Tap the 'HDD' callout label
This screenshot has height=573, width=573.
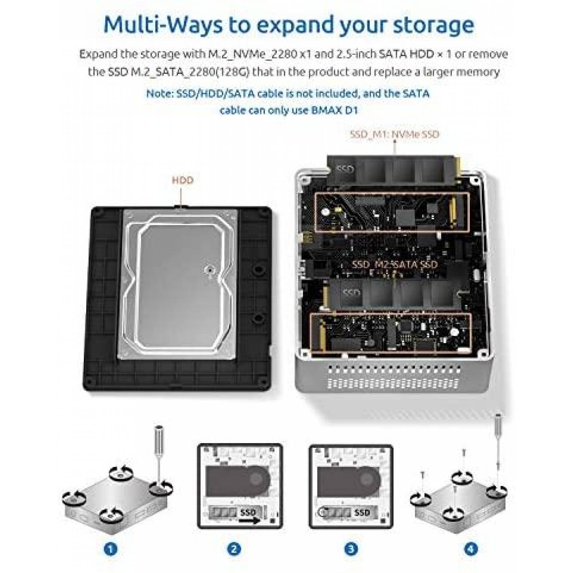point(183,180)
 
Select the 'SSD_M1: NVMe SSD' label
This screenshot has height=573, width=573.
point(394,134)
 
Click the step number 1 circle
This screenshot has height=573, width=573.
point(111,548)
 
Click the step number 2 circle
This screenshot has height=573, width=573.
point(234,548)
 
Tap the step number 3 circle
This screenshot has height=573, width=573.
point(351,548)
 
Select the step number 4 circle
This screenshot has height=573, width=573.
point(471,548)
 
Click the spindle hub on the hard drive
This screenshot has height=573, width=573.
point(209,269)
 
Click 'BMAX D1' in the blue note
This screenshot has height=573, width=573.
point(334,110)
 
